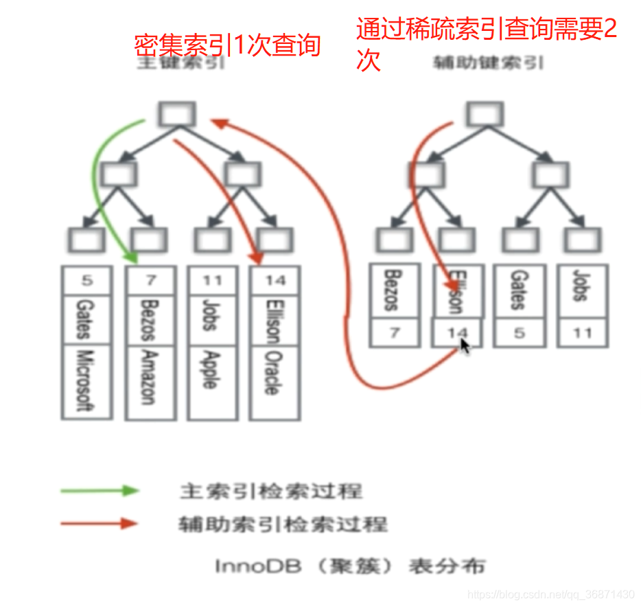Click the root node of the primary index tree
coord(176,114)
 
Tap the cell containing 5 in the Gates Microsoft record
coord(86,281)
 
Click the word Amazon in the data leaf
coord(150,378)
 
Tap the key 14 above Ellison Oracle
coord(275,281)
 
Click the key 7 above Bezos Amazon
coord(150,281)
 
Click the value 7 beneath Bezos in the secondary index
coord(394,333)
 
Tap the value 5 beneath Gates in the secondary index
coord(519,333)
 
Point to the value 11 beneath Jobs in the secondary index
coord(581,333)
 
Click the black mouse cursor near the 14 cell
coord(465,346)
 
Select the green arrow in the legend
coord(100,491)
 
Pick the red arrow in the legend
coord(100,524)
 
